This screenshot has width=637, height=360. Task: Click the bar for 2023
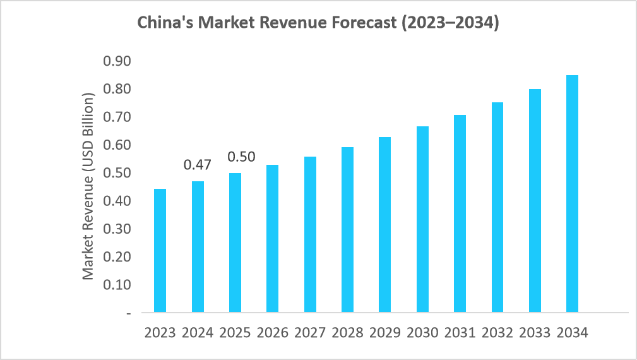pos(160,251)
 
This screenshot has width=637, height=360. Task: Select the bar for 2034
pos(572,194)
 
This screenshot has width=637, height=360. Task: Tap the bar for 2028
pos(347,230)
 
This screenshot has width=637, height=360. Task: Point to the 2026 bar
pos(273,239)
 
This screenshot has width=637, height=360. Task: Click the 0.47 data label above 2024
pos(198,165)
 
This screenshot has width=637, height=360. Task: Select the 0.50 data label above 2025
pos(241,157)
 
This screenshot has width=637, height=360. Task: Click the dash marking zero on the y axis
pos(128,313)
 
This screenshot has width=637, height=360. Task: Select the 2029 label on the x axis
pos(385,333)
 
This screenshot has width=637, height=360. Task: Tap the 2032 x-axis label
pos(497,333)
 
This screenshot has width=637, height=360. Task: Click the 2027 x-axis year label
pos(310,333)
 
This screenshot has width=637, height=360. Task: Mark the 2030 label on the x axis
pos(422,333)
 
